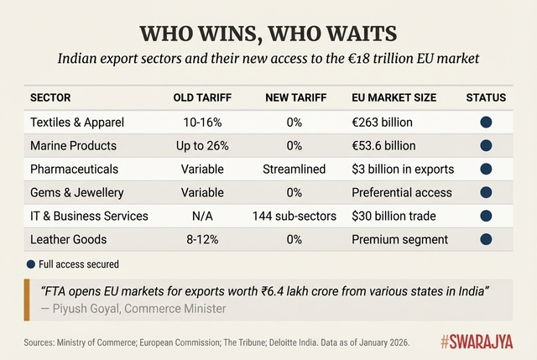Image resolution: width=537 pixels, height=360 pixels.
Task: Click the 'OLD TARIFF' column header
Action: [x=201, y=98]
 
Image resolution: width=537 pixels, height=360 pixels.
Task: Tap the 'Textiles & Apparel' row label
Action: [x=77, y=123]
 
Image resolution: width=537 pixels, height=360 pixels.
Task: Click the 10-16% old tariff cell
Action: [x=201, y=123]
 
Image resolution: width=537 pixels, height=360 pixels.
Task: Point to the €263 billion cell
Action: [x=383, y=123]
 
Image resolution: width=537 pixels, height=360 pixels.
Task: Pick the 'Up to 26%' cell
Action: [x=201, y=146]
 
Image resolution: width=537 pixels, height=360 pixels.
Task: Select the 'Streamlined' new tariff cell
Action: [x=295, y=170]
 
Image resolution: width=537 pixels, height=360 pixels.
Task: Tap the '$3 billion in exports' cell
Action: [x=403, y=170]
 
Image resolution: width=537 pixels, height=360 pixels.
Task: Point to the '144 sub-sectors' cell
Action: [x=295, y=217]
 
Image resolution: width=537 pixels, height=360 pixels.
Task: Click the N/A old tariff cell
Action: [x=201, y=217]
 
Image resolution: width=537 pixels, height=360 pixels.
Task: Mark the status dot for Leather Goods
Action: [x=486, y=239]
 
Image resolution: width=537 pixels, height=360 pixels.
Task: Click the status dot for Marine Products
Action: [x=486, y=146]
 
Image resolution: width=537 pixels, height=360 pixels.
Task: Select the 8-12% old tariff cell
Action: [x=201, y=239]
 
